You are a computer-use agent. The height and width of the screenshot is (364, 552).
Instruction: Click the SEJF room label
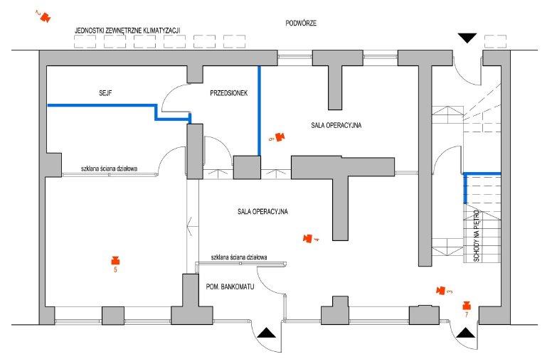click(x=105, y=93)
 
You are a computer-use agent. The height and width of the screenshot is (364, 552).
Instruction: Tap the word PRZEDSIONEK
click(x=229, y=93)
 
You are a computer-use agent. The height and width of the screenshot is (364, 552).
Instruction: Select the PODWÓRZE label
click(x=301, y=23)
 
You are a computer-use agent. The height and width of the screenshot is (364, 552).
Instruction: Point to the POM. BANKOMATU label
click(x=230, y=287)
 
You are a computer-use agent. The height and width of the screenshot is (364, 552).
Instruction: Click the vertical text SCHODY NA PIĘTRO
click(x=477, y=235)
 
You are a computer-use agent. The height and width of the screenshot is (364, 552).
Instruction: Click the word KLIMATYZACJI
click(x=161, y=31)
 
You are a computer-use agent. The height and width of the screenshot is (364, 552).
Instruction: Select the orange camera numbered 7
click(x=467, y=305)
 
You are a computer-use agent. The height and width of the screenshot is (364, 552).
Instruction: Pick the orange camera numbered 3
click(x=440, y=290)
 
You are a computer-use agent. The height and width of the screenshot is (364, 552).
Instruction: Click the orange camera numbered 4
click(x=308, y=238)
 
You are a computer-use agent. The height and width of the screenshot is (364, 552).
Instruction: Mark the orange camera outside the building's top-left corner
click(x=46, y=16)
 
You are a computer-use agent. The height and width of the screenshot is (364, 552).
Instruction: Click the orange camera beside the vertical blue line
click(x=280, y=136)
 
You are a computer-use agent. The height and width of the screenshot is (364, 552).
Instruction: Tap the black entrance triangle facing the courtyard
click(x=467, y=38)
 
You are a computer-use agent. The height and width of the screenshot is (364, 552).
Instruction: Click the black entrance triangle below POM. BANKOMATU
click(x=267, y=333)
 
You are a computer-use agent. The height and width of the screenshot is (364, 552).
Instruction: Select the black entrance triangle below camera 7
click(x=465, y=333)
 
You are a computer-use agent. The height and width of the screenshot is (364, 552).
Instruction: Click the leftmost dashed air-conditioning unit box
click(x=85, y=41)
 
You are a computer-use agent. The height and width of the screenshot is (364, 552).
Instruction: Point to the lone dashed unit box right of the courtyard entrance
click(x=495, y=41)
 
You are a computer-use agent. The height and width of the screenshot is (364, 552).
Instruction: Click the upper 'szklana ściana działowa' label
click(x=109, y=168)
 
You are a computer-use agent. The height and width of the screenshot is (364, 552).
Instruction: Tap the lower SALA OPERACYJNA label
click(x=262, y=211)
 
